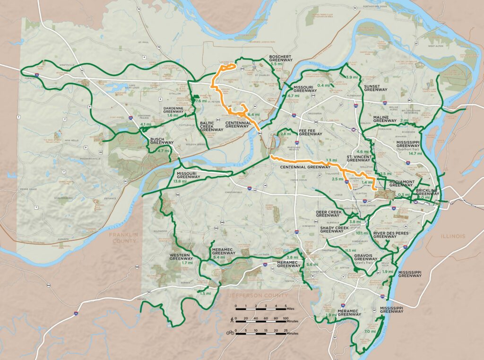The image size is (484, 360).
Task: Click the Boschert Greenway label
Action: click(281, 58)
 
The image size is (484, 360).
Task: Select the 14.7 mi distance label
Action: click(415, 153)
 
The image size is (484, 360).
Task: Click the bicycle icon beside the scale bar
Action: click(230, 332)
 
